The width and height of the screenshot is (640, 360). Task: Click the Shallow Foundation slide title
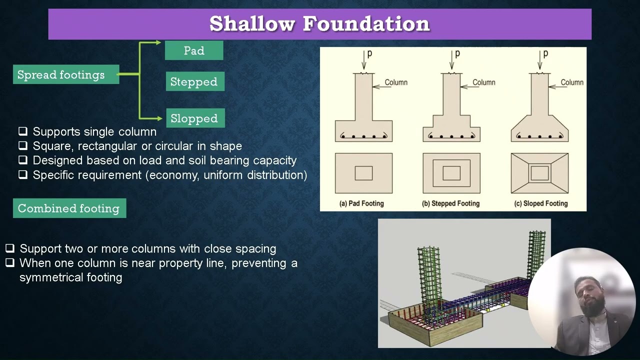click(x=319, y=23)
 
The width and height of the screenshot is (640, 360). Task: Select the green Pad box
click(x=194, y=50)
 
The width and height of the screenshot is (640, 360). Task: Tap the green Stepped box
click(x=194, y=81)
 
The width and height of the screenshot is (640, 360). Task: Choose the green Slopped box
click(x=195, y=118)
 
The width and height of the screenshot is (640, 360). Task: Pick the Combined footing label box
click(x=69, y=208)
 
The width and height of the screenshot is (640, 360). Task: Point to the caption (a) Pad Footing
click(x=361, y=203)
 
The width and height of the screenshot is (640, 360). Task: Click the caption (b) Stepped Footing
click(x=450, y=203)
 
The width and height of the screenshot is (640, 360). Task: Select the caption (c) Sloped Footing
click(x=540, y=203)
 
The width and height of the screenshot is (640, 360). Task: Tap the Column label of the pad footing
click(x=396, y=82)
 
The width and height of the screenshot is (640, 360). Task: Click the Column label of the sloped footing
click(x=572, y=82)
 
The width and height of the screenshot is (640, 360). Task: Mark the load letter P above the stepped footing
click(x=457, y=53)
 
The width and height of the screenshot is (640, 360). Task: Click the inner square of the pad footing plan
click(x=363, y=173)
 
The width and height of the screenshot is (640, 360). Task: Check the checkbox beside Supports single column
click(x=23, y=131)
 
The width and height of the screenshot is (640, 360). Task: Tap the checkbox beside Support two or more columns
click(x=10, y=248)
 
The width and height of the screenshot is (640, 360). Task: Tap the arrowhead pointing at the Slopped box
click(x=160, y=118)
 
